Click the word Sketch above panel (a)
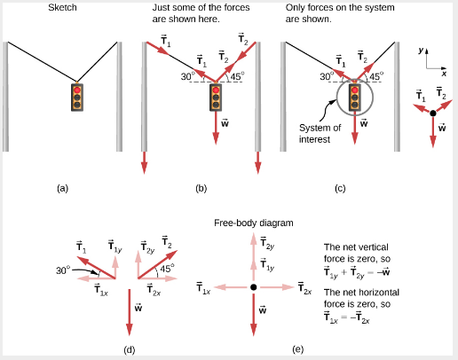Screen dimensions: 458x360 point(62,7)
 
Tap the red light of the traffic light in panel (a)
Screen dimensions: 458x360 point(77,90)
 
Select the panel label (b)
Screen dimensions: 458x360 point(201,188)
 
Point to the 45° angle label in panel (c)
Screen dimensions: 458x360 point(376,76)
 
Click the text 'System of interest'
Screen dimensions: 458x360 point(320,133)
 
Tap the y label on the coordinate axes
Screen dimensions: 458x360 point(421,51)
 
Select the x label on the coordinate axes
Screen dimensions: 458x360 point(444,74)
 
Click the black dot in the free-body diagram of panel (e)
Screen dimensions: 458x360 point(253,287)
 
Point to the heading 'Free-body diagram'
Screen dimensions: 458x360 point(254,223)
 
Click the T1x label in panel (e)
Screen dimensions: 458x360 point(203,288)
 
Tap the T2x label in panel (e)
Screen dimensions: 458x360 point(304,288)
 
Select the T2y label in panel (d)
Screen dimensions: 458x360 point(147,247)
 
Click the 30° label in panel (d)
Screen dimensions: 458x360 point(63,270)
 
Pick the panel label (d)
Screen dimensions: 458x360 point(130,350)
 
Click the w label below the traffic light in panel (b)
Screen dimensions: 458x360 point(225,122)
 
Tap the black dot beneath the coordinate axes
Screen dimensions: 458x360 point(433,113)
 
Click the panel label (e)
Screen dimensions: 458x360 point(298,349)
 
